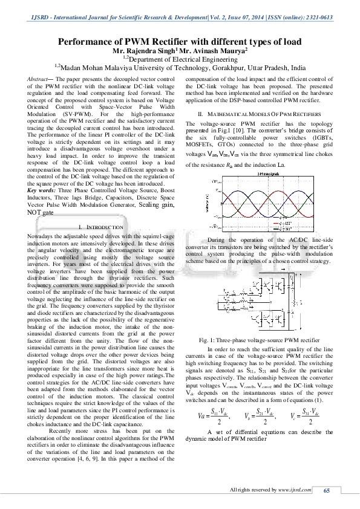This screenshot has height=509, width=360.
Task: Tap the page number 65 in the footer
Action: (327, 490)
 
